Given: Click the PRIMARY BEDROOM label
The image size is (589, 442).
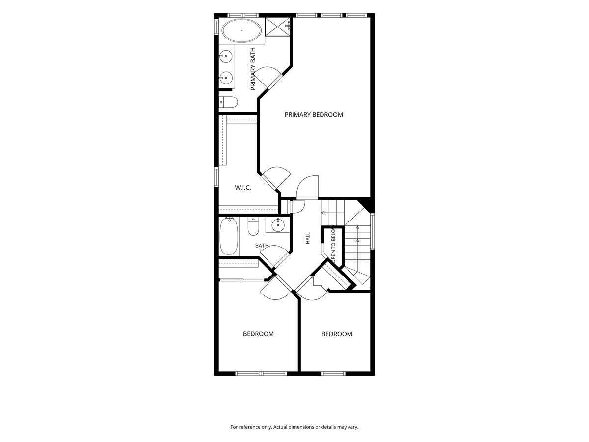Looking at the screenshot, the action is [314, 115].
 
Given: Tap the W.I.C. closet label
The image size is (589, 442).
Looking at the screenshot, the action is [243, 188].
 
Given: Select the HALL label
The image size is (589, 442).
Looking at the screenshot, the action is [308, 238].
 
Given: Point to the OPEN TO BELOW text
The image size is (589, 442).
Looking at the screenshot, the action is [334, 244].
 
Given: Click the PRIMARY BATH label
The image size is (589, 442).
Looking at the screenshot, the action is [253, 69].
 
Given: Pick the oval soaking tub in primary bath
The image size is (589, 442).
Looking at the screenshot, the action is [241, 30].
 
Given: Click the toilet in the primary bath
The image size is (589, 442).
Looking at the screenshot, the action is [228, 102].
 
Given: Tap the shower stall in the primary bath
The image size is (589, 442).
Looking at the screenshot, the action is [278, 27].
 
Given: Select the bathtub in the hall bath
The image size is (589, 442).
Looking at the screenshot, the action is [229, 236].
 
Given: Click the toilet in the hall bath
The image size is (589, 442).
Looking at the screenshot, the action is [253, 226].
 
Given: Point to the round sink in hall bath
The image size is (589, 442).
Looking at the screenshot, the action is [278, 224].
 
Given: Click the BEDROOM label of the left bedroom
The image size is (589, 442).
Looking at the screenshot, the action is [258, 334].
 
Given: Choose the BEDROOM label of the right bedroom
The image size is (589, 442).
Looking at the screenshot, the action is [337, 334].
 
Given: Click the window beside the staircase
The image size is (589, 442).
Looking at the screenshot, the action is [372, 232].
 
